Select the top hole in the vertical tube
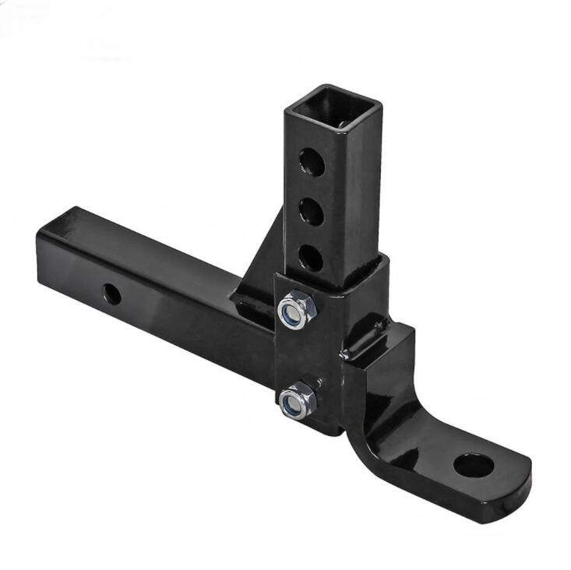coord(312,163)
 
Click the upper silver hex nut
coord(298,309)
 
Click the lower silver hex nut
coord(297,400)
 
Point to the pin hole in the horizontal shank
coord(111,294)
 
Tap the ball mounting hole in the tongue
coord(473,466)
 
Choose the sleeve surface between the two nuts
coord(300,354)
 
